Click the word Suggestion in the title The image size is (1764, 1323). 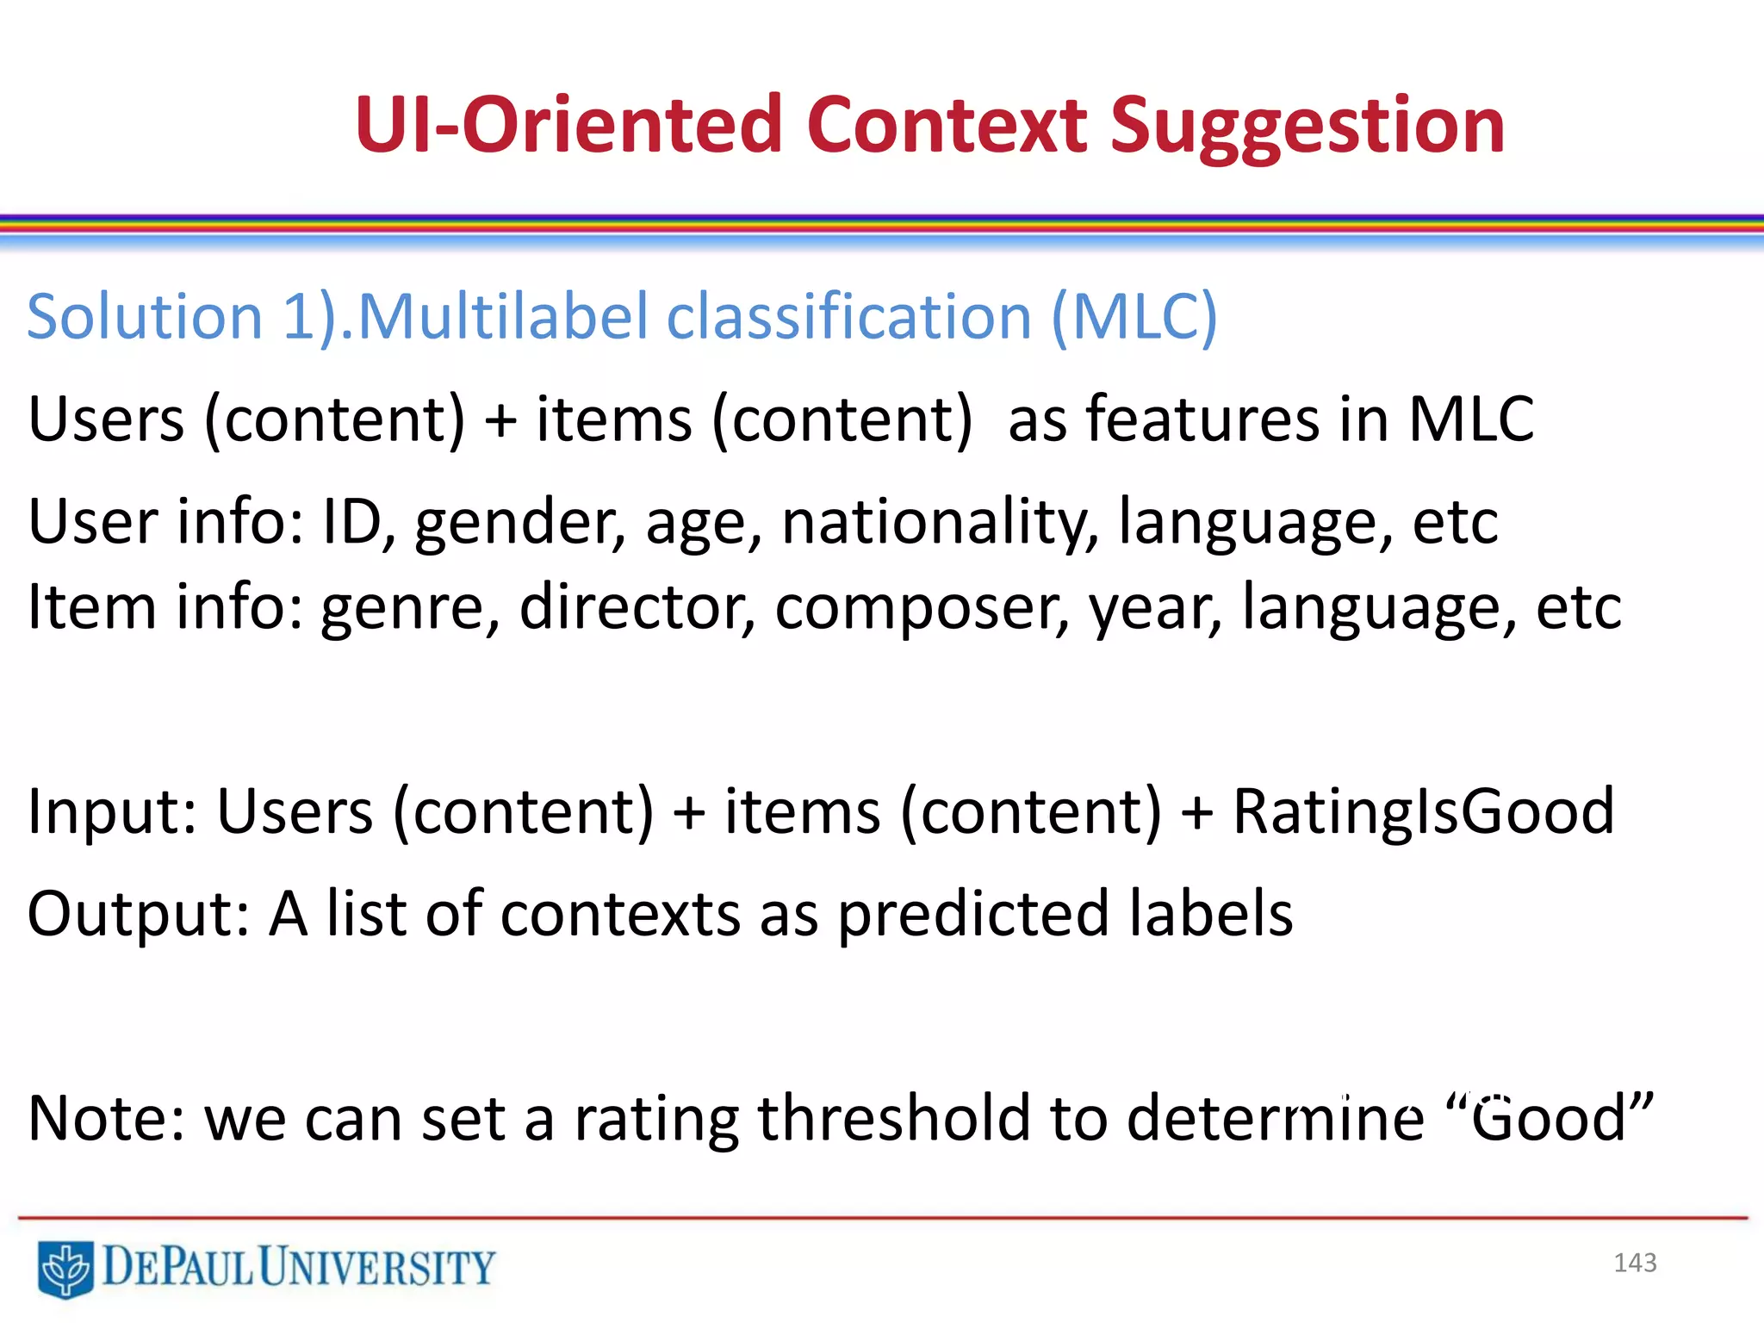(1307, 127)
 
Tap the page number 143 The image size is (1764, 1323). (1635, 1263)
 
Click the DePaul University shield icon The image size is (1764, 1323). (65, 1268)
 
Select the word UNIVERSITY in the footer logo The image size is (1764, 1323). (377, 1267)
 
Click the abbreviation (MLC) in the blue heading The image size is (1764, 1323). (1134, 317)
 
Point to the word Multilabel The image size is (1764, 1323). (502, 317)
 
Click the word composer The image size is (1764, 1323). (922, 608)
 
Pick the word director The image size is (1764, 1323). (637, 606)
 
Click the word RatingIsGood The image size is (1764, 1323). (1423, 811)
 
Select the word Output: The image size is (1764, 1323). (138, 914)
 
